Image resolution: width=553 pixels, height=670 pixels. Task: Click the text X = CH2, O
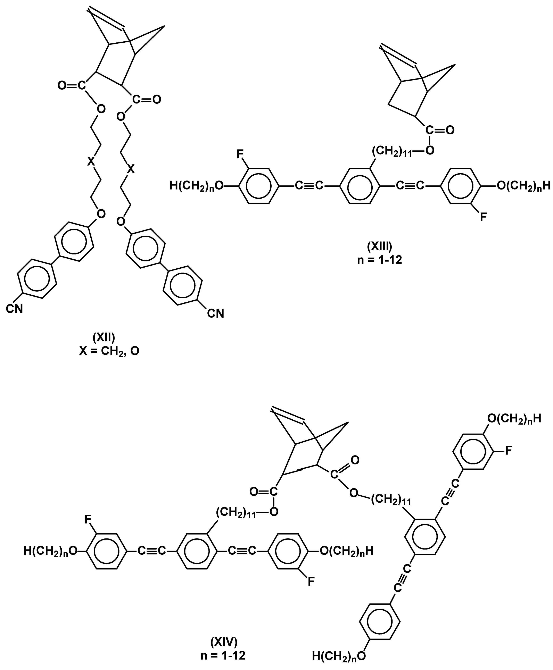click(109, 351)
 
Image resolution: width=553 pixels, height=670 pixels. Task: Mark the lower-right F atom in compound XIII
click(484, 218)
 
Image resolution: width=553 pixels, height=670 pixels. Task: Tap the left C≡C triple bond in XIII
click(309, 185)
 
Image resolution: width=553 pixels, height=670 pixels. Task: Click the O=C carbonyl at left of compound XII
click(72, 85)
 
